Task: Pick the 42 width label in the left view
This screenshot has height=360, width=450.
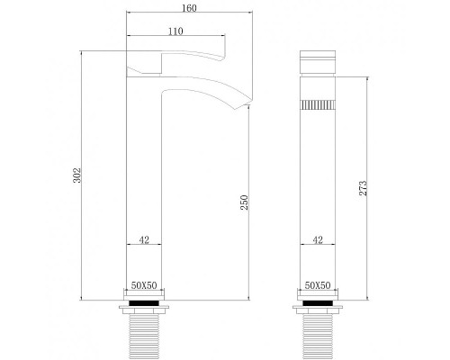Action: tap(143, 240)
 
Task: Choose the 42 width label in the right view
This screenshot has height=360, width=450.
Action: tap(317, 240)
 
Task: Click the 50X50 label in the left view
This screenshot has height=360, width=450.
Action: tap(143, 283)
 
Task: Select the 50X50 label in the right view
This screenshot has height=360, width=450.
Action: tap(317, 283)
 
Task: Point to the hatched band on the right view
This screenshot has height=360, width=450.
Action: tap(317, 104)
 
